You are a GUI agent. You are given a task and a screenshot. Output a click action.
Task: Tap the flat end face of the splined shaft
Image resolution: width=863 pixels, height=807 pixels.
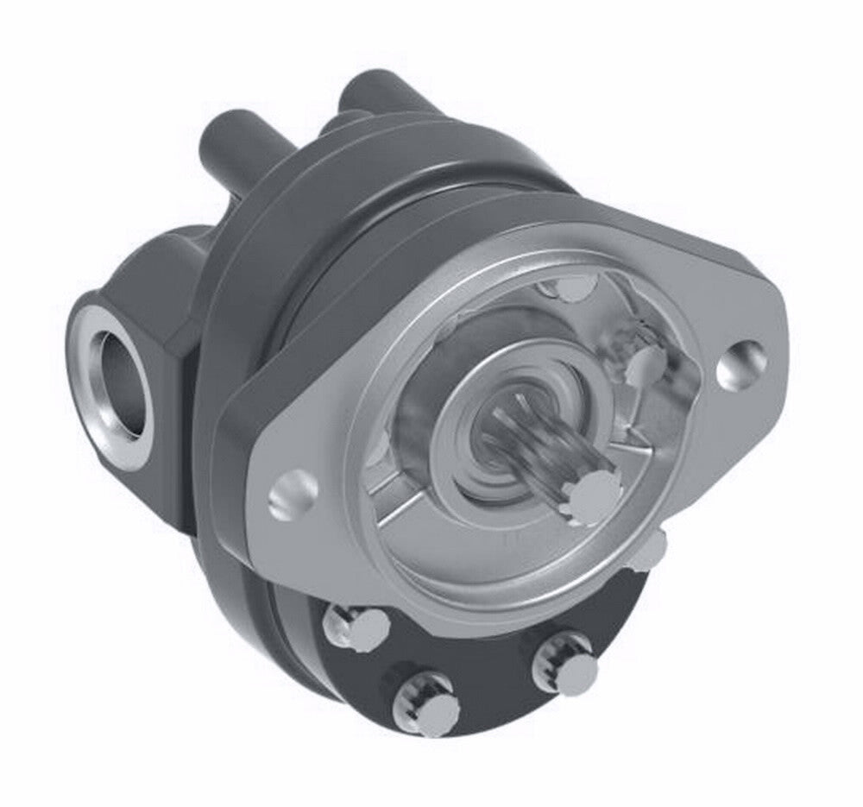tap(589, 496)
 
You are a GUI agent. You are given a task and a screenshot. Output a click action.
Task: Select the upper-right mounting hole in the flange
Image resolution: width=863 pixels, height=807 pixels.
tap(741, 363)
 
